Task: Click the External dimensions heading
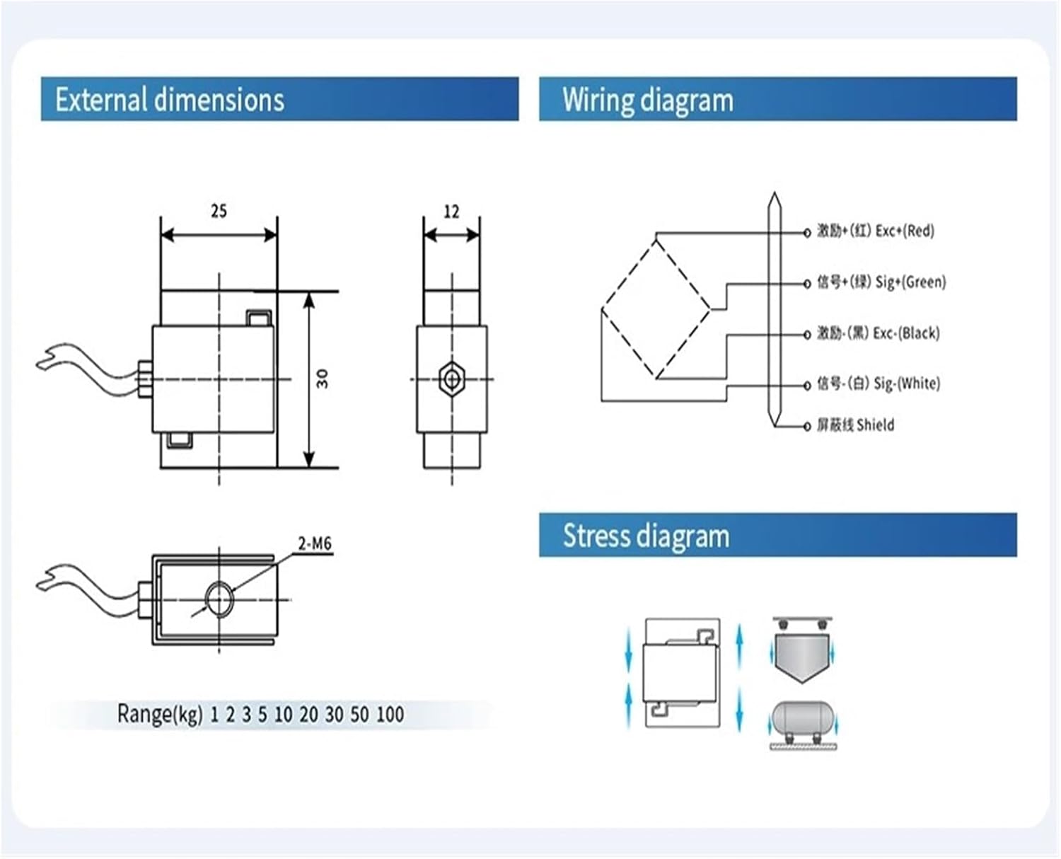(170, 100)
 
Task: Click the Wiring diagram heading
(648, 100)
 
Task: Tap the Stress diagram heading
(646, 536)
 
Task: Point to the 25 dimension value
(219, 211)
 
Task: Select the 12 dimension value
(451, 212)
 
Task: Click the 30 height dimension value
(323, 379)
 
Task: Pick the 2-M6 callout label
(315, 543)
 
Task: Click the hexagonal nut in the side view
(451, 379)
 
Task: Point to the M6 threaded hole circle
(220, 599)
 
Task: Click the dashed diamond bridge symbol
(656, 309)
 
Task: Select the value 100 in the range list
(390, 715)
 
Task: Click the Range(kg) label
(160, 714)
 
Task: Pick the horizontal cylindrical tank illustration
(803, 718)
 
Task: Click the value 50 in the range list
(359, 715)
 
